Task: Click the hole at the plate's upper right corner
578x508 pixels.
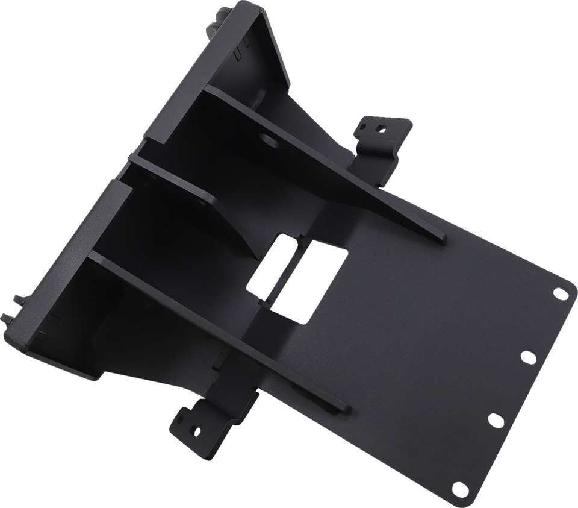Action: [559, 293]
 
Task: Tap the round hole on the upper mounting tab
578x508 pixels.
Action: [380, 127]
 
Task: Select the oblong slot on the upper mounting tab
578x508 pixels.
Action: [364, 127]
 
